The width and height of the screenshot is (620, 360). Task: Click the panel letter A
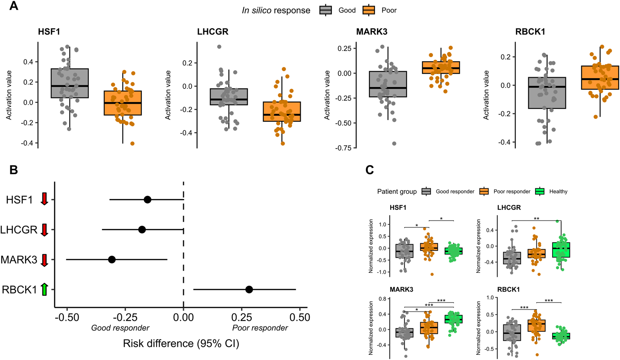(13, 6)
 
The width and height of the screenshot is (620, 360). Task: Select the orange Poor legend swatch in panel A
(368, 10)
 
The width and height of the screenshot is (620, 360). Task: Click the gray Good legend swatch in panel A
(325, 10)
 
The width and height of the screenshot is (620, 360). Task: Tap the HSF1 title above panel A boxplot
(49, 32)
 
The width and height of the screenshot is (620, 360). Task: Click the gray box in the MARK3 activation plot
(388, 84)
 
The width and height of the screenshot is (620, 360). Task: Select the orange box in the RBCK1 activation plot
(600, 77)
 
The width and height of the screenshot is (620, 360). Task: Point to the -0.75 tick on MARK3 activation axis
(344, 148)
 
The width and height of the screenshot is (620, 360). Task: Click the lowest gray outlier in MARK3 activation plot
(394, 143)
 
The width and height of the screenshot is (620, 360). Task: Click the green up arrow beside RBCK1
(44, 289)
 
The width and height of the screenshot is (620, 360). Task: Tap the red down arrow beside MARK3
(44, 260)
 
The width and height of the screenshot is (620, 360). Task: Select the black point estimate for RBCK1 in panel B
(249, 289)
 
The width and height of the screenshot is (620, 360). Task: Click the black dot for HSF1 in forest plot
(147, 200)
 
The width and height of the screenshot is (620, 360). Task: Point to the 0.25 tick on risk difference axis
(242, 317)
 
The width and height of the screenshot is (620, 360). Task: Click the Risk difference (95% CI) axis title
(181, 344)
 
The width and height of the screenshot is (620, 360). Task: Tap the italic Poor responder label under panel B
(260, 328)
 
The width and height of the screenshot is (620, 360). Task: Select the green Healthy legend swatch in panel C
(540, 191)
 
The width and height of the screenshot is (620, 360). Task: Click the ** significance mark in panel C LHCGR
(536, 219)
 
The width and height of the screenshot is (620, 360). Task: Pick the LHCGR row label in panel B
(19, 230)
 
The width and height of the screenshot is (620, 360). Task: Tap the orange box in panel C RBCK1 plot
(536, 325)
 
